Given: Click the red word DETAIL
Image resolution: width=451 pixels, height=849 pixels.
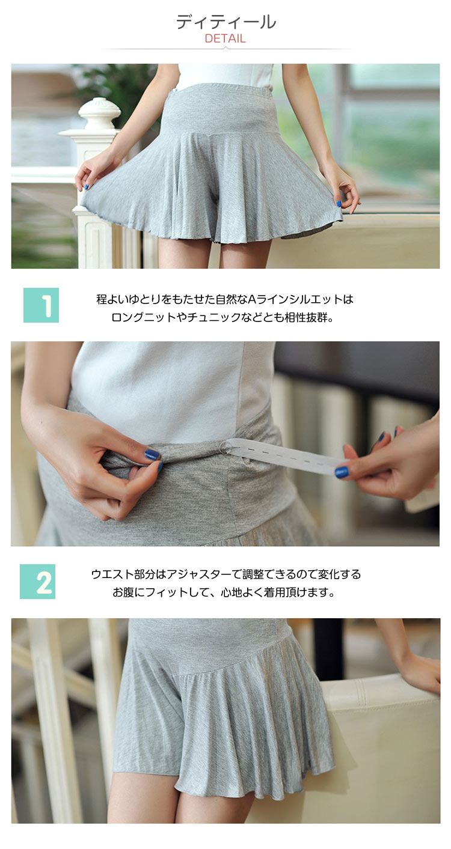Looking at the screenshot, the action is point(225,38).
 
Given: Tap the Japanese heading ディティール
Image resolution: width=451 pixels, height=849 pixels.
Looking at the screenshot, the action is point(226,22).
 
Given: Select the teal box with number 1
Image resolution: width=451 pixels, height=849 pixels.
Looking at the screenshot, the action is point(41,305).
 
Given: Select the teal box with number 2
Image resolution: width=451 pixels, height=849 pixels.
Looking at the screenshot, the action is point(37,582).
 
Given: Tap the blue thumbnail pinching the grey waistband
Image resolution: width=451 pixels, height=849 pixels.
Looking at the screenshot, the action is point(151,453).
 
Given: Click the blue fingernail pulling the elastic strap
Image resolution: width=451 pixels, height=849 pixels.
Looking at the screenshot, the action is point(342,472).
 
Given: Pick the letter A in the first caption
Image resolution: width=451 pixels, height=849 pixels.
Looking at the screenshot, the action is point(252,299).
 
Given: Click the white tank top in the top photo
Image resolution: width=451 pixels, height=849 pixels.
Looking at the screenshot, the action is point(226,76).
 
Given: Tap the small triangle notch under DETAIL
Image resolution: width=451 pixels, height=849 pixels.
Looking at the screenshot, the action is point(226,47).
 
